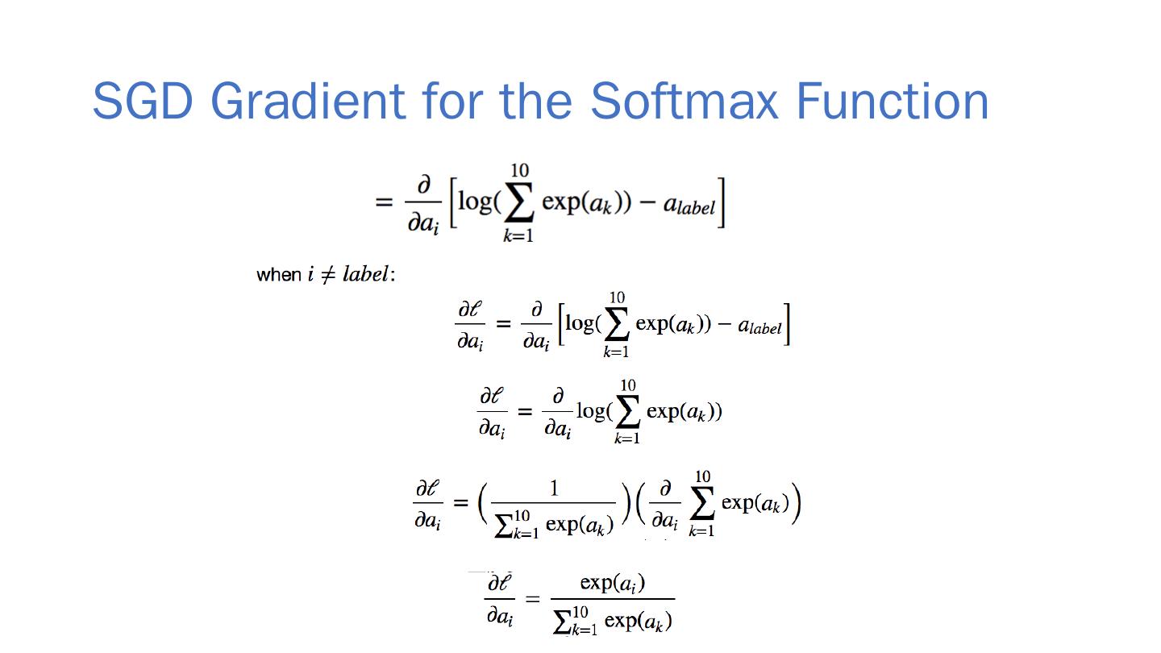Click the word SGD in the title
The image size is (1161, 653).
(x=142, y=101)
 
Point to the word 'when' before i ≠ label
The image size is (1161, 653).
(x=278, y=275)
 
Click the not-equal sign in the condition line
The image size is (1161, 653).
(x=328, y=274)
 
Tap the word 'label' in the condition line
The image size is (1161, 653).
(x=365, y=274)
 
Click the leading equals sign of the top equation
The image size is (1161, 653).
(x=384, y=202)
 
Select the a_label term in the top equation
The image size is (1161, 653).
(x=689, y=205)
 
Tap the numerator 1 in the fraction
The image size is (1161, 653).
(x=553, y=489)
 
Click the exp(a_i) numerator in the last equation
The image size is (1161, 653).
(x=612, y=583)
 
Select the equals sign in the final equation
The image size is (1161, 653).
(x=532, y=600)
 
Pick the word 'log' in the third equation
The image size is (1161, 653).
(x=592, y=411)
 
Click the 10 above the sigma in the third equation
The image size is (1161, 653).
(x=627, y=385)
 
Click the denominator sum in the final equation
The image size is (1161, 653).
(x=613, y=621)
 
